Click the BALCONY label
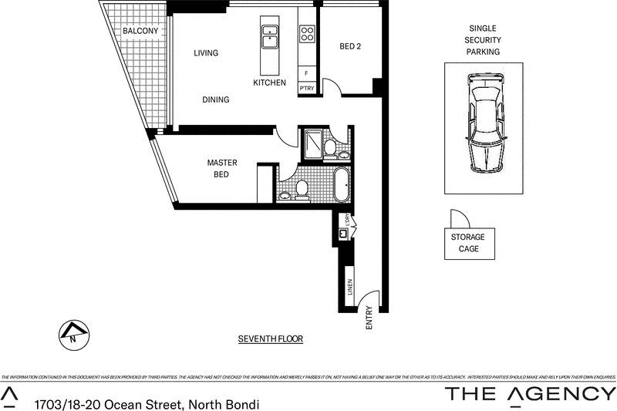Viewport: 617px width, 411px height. [x=140, y=31]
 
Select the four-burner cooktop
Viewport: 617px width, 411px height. [x=306, y=33]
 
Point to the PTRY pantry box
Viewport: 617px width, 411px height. [x=306, y=89]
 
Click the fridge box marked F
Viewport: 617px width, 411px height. [x=306, y=73]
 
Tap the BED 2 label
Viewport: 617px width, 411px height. [x=350, y=46]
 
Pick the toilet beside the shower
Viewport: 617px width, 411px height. [x=329, y=147]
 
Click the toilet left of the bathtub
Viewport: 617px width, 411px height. [x=302, y=188]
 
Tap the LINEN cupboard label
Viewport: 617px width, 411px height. [x=350, y=287]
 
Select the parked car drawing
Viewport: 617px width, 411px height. [x=484, y=123]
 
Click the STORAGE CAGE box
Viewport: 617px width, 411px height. [x=468, y=243]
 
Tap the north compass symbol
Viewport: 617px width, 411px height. [x=74, y=335]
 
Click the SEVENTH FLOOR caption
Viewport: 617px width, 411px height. [x=270, y=339]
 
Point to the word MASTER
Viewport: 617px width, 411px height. [x=221, y=163]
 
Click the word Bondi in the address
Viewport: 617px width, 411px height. [x=240, y=404]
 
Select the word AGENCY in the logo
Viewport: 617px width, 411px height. [x=561, y=394]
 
